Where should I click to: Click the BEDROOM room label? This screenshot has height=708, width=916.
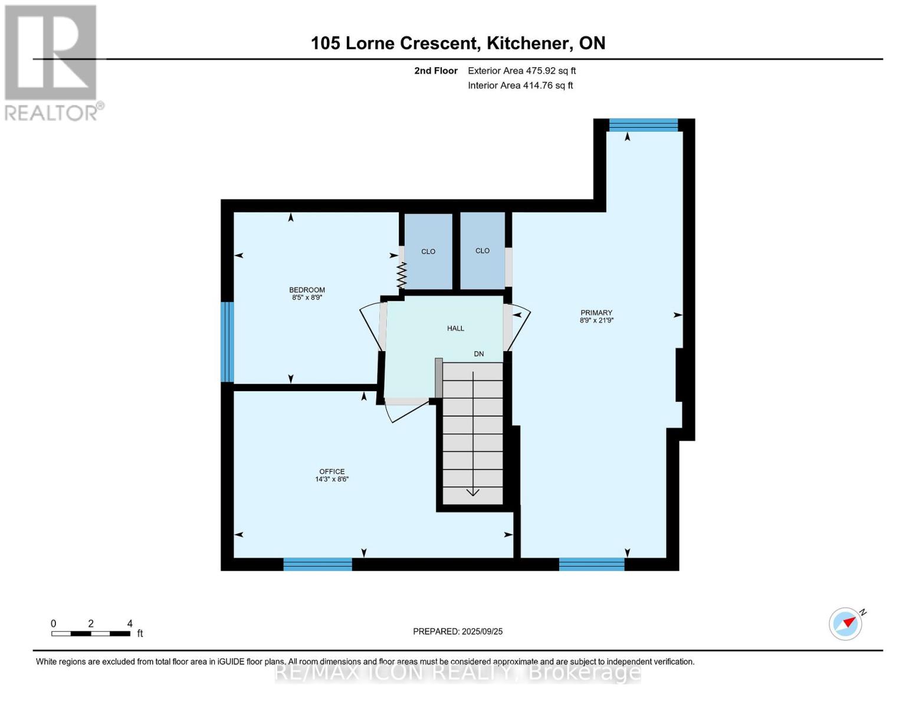307,290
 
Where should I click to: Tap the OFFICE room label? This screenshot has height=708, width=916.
331,471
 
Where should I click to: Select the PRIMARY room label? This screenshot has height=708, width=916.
596,313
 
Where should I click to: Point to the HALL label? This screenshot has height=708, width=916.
456,329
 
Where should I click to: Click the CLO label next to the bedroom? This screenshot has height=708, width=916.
428,251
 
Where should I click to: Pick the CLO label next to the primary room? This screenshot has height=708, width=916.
482,251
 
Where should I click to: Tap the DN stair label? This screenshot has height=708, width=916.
479,354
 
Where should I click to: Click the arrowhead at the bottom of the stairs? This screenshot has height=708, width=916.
473,492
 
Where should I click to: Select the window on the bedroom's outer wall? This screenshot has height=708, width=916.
227,342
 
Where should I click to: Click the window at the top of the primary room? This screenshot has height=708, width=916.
644,125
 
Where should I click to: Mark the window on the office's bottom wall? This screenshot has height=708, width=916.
317,564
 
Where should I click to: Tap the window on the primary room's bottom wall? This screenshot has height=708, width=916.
592,564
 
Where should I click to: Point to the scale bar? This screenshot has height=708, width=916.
91,634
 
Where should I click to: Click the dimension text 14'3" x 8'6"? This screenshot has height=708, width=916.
331,479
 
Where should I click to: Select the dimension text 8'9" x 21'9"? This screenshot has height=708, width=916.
596,320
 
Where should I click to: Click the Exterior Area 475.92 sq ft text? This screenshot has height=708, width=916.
522,71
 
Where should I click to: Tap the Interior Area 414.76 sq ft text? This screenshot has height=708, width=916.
521,86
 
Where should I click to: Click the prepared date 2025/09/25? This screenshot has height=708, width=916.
482,632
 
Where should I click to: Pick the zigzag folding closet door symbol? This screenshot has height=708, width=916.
402,276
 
